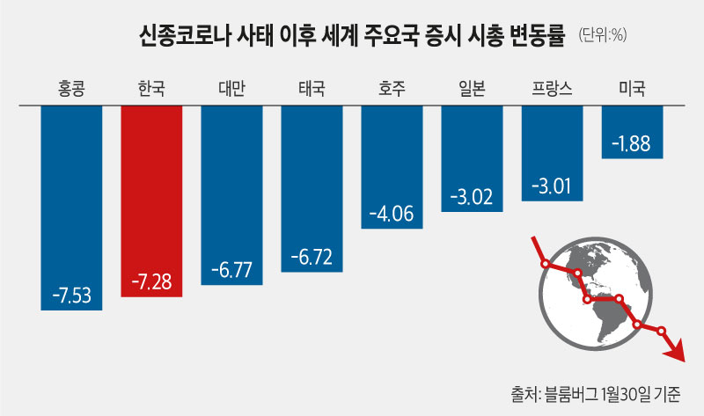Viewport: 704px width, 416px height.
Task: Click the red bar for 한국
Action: tap(151, 201)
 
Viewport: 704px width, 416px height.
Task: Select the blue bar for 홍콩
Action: tap(71, 208)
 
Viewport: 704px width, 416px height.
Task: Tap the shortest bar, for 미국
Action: tap(632, 133)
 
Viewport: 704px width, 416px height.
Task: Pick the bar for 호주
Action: tap(392, 167)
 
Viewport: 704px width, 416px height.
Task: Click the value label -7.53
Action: tap(72, 296)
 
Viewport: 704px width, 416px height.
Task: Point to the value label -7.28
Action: tap(151, 281)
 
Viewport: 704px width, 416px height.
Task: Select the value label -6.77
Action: tap(231, 270)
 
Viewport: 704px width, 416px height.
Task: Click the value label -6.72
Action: tap(312, 257)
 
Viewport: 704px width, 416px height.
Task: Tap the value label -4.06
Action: tap(392, 214)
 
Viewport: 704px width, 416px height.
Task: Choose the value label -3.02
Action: tap(472, 196)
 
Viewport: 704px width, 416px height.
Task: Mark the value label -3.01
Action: tap(552, 186)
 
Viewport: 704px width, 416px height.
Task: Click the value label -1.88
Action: tap(631, 144)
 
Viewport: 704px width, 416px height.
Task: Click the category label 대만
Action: tap(231, 89)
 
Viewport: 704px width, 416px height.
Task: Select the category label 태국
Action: tap(312, 89)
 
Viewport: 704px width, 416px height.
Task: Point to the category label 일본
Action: tap(472, 89)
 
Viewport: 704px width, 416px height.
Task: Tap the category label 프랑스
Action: tap(552, 89)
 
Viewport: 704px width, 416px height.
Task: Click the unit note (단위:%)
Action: tap(603, 34)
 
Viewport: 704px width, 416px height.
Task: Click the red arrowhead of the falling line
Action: tap(675, 352)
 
